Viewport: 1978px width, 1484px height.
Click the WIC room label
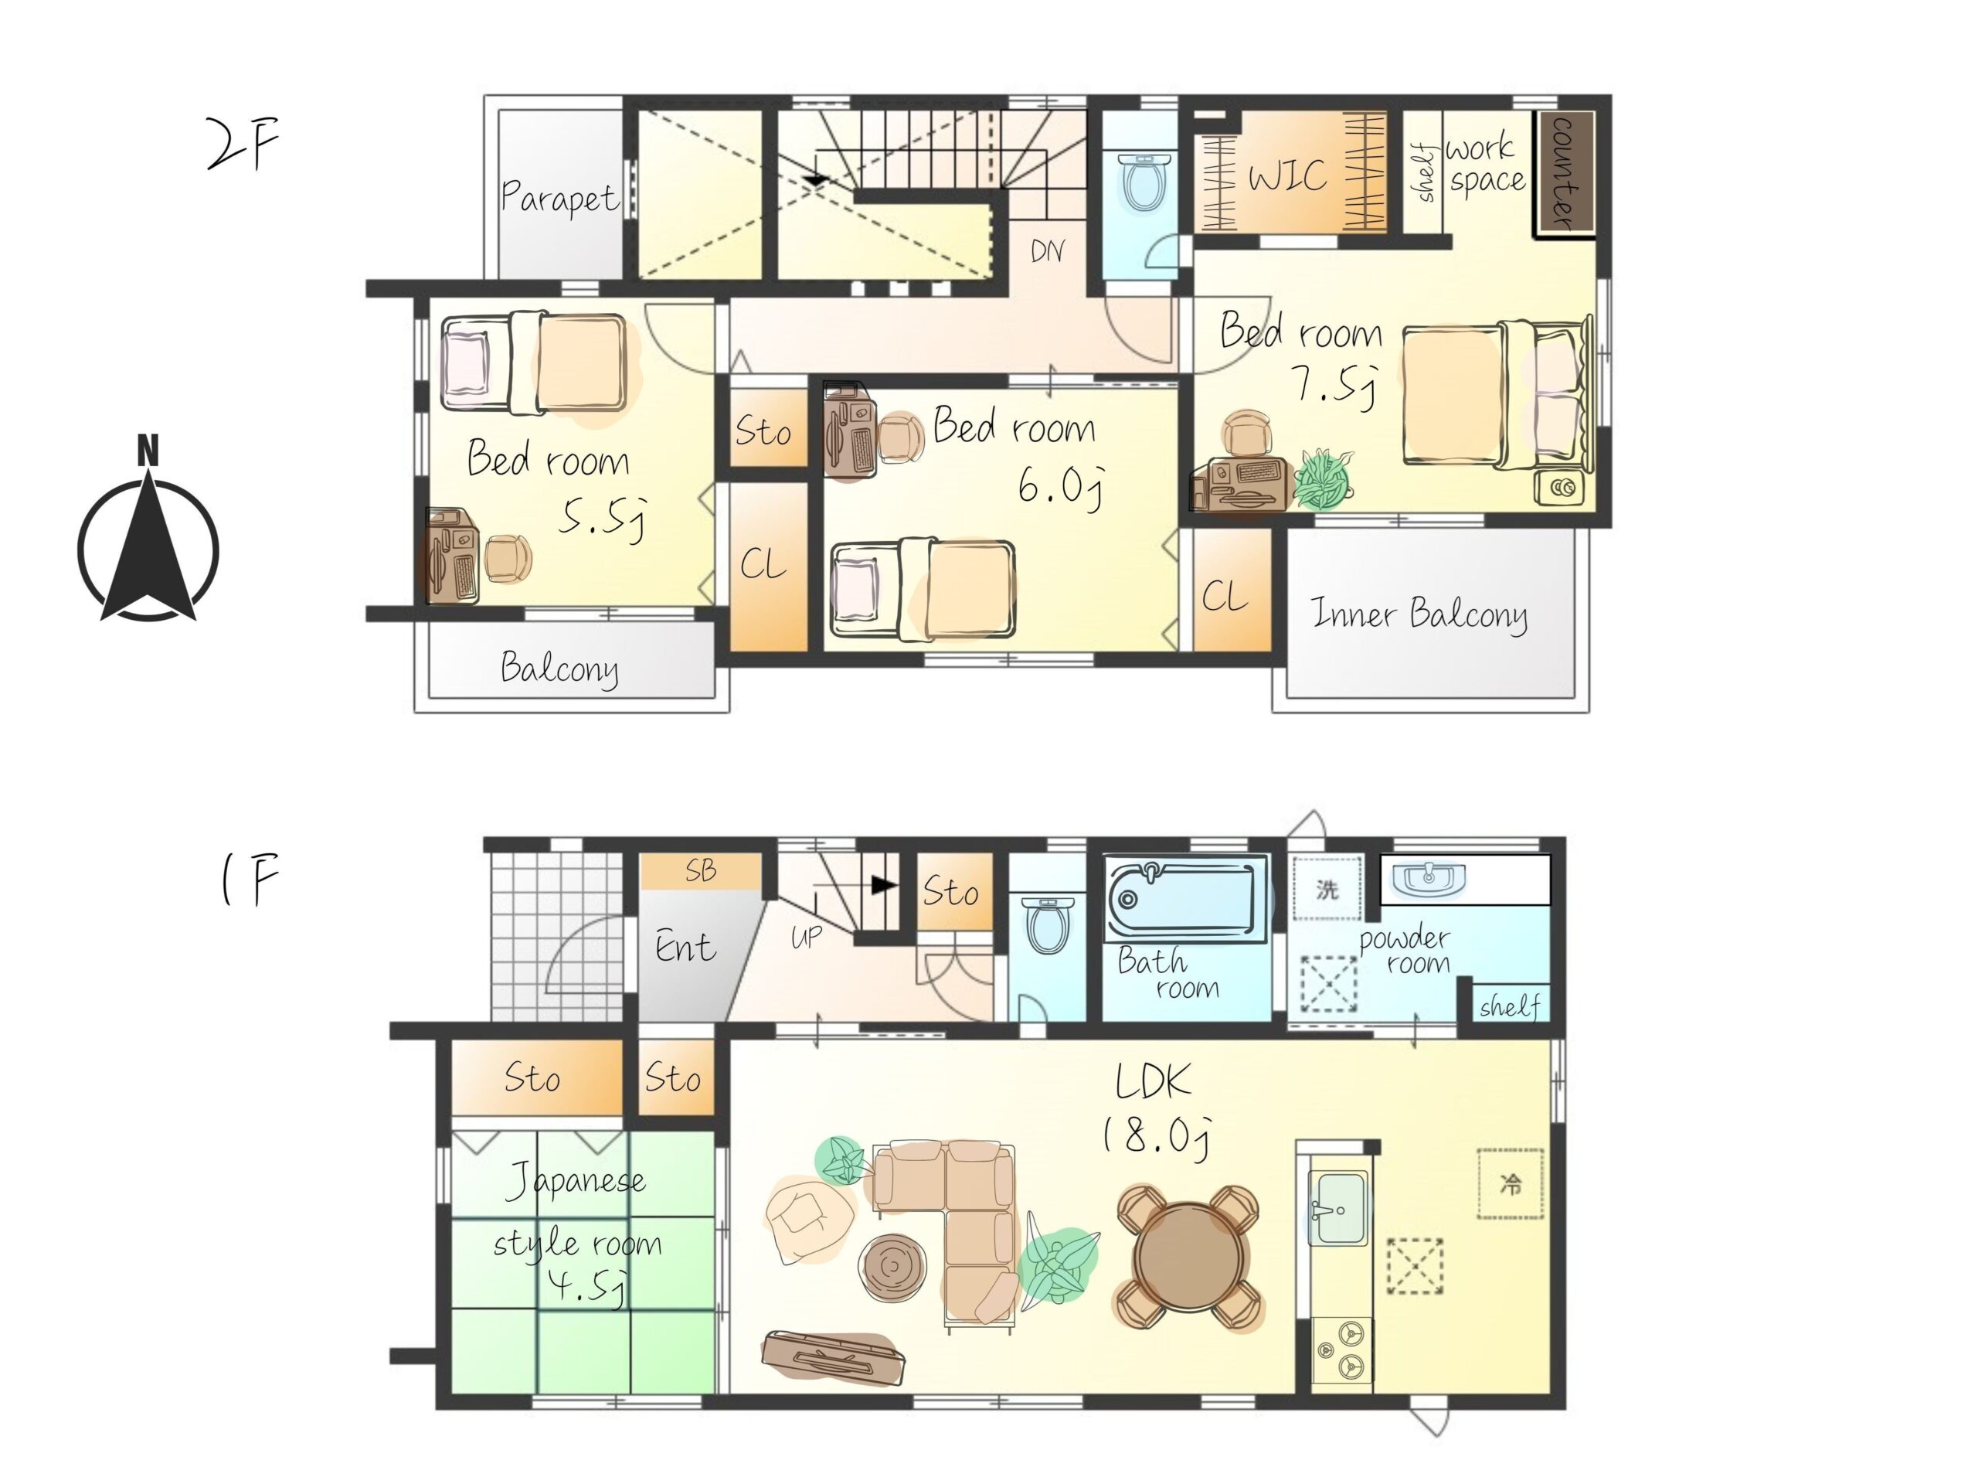click(x=1288, y=175)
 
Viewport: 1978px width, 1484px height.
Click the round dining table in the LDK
click(x=1188, y=1257)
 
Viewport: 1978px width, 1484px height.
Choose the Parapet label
click(x=559, y=197)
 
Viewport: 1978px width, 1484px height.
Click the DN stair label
click(x=1047, y=250)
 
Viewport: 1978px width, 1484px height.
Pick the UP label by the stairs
click(x=807, y=937)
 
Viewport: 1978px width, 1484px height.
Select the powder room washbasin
click(x=1428, y=877)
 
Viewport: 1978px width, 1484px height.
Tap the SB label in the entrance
click(x=701, y=870)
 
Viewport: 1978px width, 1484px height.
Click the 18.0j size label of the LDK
click(x=1156, y=1136)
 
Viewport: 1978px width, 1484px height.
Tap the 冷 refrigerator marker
click(x=1511, y=1185)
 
